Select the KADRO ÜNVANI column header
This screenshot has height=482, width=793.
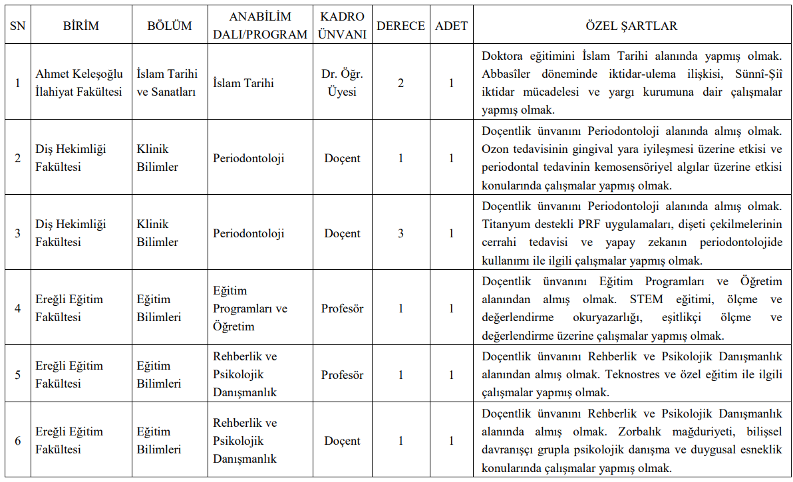click(342, 26)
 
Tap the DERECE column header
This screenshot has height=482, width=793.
click(400, 26)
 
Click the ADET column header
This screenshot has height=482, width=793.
click(451, 26)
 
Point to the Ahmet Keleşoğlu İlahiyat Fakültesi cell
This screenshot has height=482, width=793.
click(79, 83)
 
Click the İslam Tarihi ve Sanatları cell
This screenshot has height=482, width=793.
click(166, 83)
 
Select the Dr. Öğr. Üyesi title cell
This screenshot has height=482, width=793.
click(342, 83)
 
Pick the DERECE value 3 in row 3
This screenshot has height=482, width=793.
click(400, 233)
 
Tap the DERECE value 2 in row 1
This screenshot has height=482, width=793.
click(400, 83)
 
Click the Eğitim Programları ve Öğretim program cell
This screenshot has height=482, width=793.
click(250, 308)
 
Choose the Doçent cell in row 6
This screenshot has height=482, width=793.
click(342, 441)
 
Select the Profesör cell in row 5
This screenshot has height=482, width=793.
click(342, 375)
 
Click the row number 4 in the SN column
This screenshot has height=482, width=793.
click(18, 308)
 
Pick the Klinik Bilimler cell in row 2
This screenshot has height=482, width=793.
click(158, 158)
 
